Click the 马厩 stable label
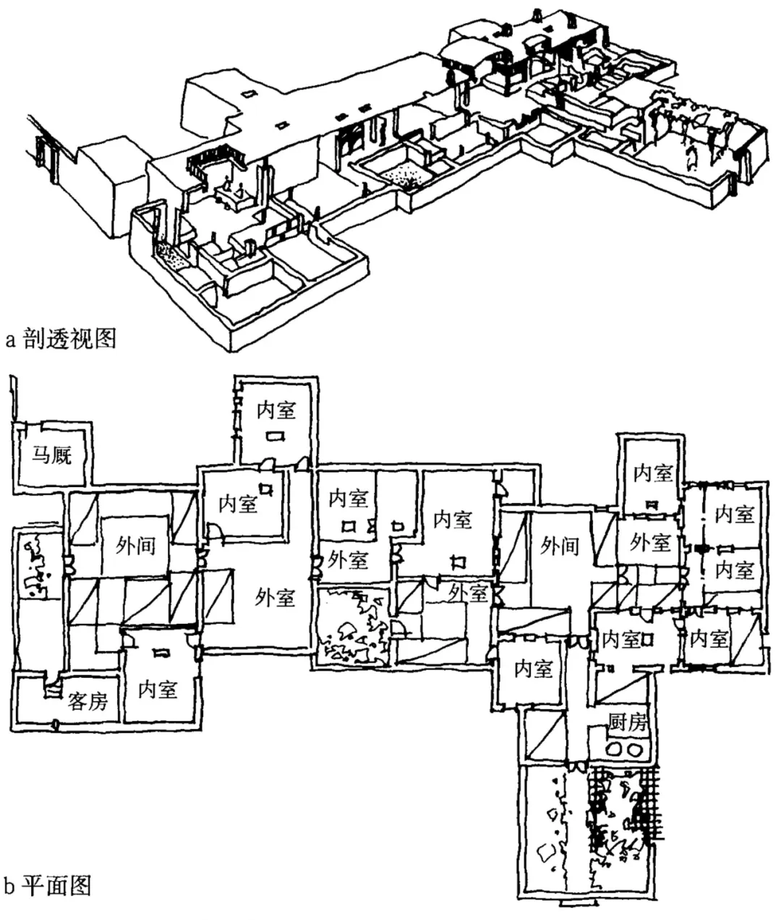pyautogui.click(x=52, y=455)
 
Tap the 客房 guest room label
pyautogui.click(x=88, y=700)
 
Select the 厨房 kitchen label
pyautogui.click(x=627, y=722)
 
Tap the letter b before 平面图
pyautogui.click(x=10, y=885)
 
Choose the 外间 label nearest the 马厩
pyautogui.click(x=136, y=545)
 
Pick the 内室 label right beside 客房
pyautogui.click(x=158, y=689)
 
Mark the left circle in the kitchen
pyautogui.click(x=616, y=749)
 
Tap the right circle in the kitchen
pyautogui.click(x=637, y=749)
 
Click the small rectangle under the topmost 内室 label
pyautogui.click(x=275, y=436)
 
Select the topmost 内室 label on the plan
pyautogui.click(x=276, y=410)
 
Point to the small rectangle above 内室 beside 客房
pyautogui.click(x=160, y=653)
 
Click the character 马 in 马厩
pyautogui.click(x=40, y=455)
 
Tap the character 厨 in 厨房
pyautogui.click(x=617, y=722)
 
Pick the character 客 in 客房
pyautogui.click(x=77, y=700)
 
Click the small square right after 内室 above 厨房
pyautogui.click(x=649, y=639)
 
